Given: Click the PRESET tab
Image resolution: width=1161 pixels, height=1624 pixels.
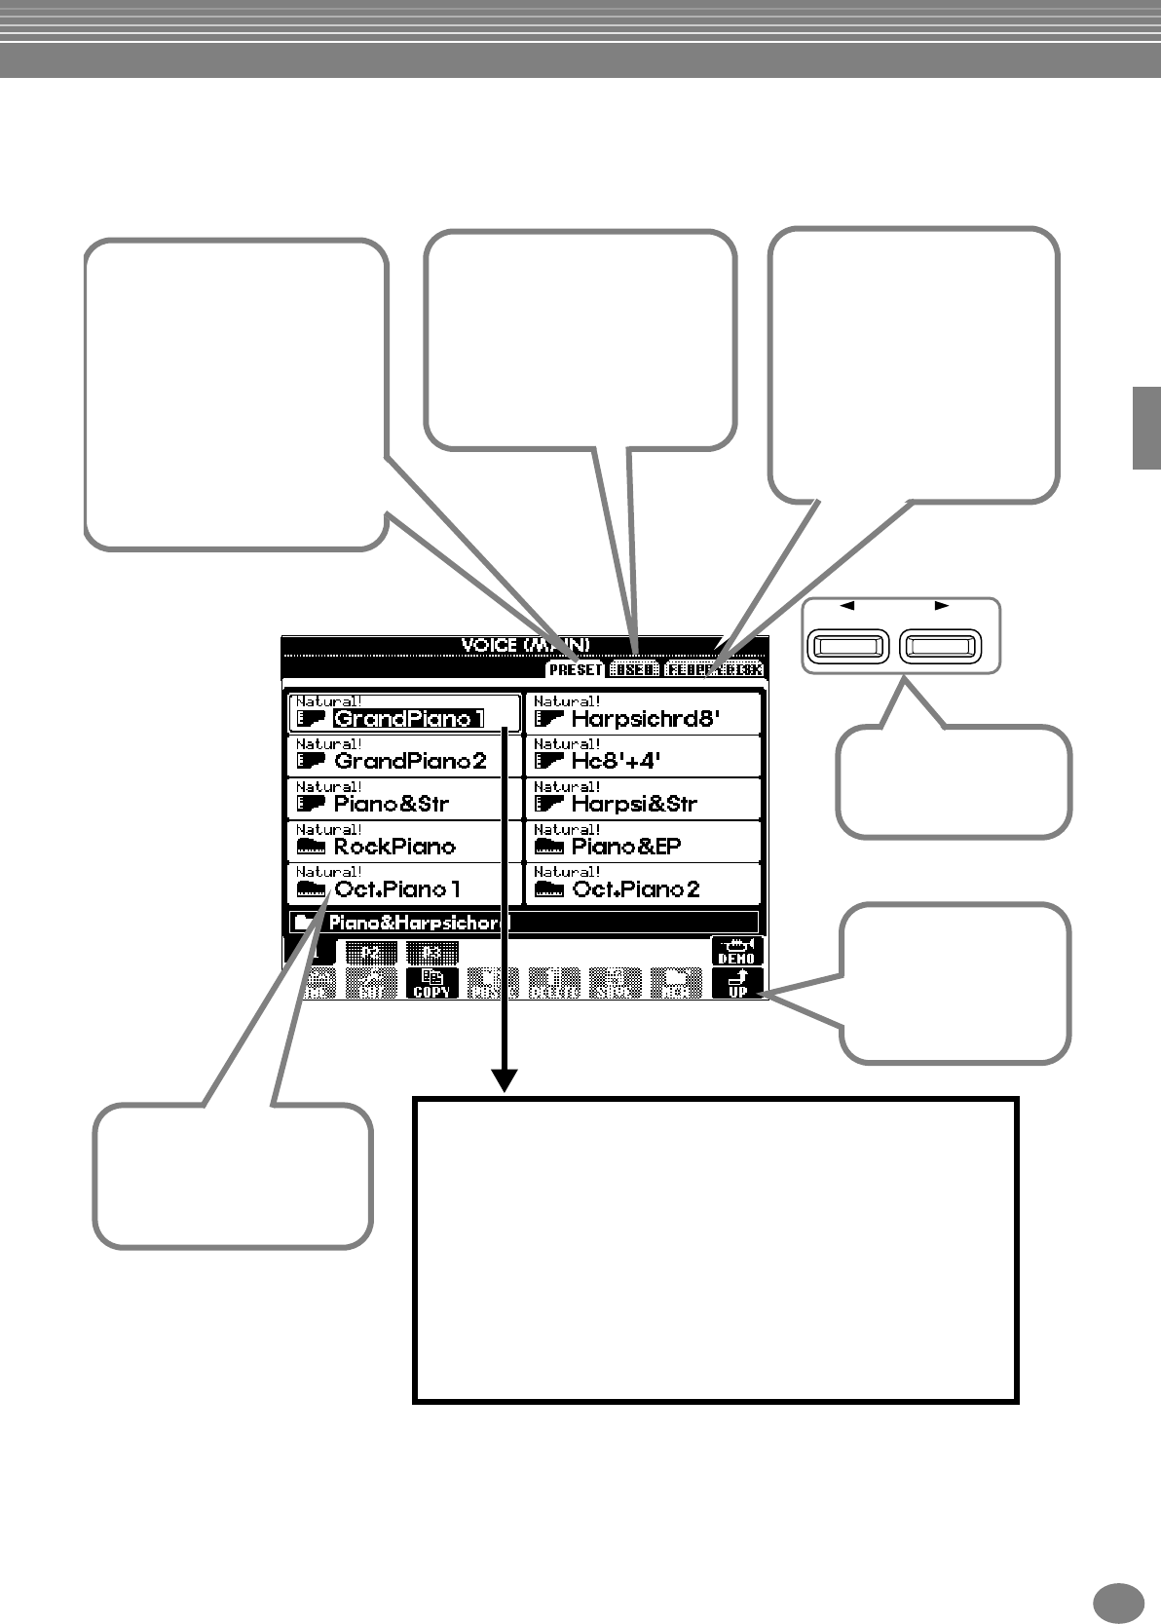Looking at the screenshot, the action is [576, 670].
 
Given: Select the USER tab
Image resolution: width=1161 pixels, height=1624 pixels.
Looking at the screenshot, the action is [634, 670].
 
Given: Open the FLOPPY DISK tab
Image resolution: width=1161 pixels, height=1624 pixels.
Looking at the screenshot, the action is [714, 670].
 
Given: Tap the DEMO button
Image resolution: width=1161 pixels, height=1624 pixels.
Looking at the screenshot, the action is [736, 951].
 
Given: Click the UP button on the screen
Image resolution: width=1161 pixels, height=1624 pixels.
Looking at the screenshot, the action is [737, 984].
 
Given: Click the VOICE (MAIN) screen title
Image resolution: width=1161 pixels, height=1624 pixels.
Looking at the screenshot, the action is [525, 645].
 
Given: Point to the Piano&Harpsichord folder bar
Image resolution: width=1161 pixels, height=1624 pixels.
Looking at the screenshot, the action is [523, 923].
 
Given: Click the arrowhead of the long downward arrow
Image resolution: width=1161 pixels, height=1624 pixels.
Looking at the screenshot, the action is [505, 1080].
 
